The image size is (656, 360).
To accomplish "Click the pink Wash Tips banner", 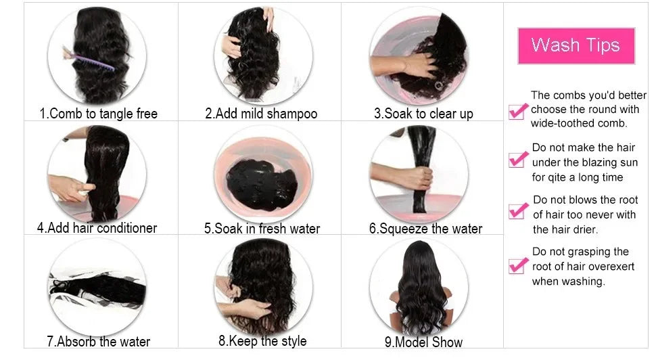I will pyautogui.click(x=576, y=46).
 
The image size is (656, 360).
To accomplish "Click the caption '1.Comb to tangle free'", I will pyautogui.click(x=99, y=113).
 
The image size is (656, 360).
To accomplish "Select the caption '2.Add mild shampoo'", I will pyautogui.click(x=261, y=113).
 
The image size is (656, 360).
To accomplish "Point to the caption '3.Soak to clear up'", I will pyautogui.click(x=423, y=113).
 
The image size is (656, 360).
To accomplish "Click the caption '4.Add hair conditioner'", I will pyautogui.click(x=97, y=227).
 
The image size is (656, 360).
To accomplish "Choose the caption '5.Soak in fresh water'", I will pyautogui.click(x=262, y=228).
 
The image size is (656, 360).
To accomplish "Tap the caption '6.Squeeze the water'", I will pyautogui.click(x=425, y=228).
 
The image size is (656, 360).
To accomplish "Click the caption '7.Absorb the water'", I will pyautogui.click(x=98, y=341).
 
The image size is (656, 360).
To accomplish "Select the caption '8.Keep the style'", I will pyautogui.click(x=262, y=340).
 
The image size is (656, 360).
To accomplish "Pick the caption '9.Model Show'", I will pyautogui.click(x=423, y=342).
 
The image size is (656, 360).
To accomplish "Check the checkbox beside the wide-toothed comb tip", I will pyautogui.click(x=517, y=110).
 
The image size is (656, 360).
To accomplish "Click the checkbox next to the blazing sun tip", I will pyautogui.click(x=517, y=159).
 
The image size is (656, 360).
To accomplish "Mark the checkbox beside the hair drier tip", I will pyautogui.click(x=517, y=210).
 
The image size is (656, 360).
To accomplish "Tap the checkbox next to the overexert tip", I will pyautogui.click(x=517, y=265).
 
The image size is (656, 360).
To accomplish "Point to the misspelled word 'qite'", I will pyautogui.click(x=557, y=177).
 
